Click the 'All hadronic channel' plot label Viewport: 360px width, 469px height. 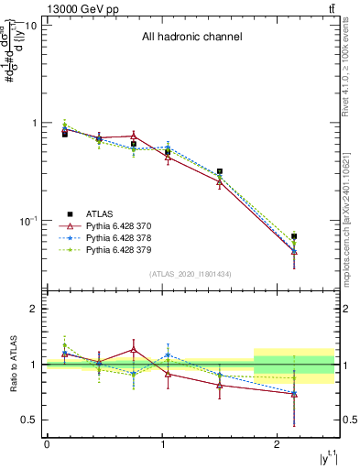pos(191,38)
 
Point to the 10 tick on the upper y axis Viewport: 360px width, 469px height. pos(30,26)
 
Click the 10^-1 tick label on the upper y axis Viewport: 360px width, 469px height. pos(27,221)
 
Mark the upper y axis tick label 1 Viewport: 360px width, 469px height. pos(33,124)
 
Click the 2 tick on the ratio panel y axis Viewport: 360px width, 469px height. pos(33,309)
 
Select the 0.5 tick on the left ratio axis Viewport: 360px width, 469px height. pos(28,420)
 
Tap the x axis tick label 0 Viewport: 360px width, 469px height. pos(47,444)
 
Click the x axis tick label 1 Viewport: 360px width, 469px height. pos(162,444)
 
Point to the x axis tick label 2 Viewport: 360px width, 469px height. pos(278,444)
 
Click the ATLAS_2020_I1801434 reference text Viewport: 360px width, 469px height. pos(191,275)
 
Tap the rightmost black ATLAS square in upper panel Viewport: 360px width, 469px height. pos(294,236)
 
